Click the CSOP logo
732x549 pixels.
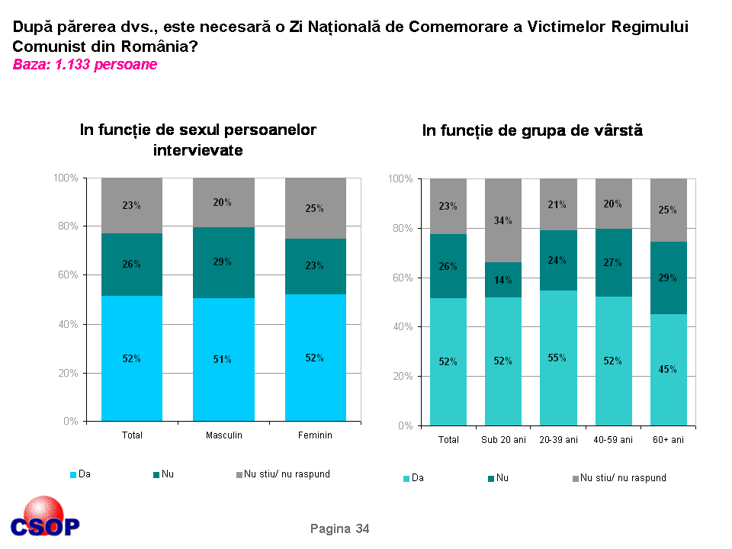click(45, 518)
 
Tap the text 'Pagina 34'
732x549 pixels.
click(339, 528)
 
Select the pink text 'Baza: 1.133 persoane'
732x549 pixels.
click(85, 65)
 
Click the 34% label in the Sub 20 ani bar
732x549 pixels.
click(502, 221)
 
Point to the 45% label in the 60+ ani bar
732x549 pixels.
click(668, 369)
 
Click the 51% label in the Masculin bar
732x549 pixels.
click(223, 359)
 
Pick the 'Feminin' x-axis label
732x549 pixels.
click(316, 435)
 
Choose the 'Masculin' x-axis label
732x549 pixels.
click(224, 435)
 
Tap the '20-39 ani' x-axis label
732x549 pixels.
click(558, 440)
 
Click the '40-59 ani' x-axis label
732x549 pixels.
click(613, 440)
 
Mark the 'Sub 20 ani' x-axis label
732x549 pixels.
click(503, 440)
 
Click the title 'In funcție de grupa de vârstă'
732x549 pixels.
click(532, 131)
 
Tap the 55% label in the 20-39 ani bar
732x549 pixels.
click(557, 358)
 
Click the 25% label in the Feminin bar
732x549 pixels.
click(315, 208)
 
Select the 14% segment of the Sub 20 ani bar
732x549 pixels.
click(503, 280)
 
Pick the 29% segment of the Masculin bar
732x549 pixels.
click(223, 262)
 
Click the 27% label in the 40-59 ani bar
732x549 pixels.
click(613, 262)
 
